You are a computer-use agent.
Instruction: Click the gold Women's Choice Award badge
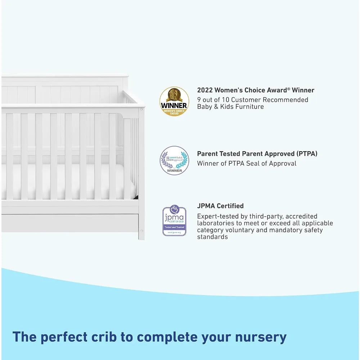click(174, 101)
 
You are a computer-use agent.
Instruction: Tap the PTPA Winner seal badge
click(174, 160)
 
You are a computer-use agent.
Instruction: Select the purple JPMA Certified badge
click(174, 220)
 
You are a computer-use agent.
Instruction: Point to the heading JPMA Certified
click(220, 206)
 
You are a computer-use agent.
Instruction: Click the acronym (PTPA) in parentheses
click(307, 154)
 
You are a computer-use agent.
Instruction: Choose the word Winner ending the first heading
click(303, 90)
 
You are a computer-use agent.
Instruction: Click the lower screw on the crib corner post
click(142, 230)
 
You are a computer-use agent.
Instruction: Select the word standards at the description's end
click(212, 237)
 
